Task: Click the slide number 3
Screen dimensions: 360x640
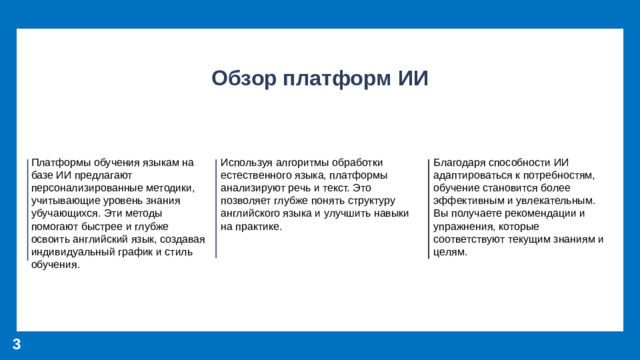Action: pos(17,344)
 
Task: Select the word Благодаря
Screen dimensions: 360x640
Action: pos(460,161)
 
